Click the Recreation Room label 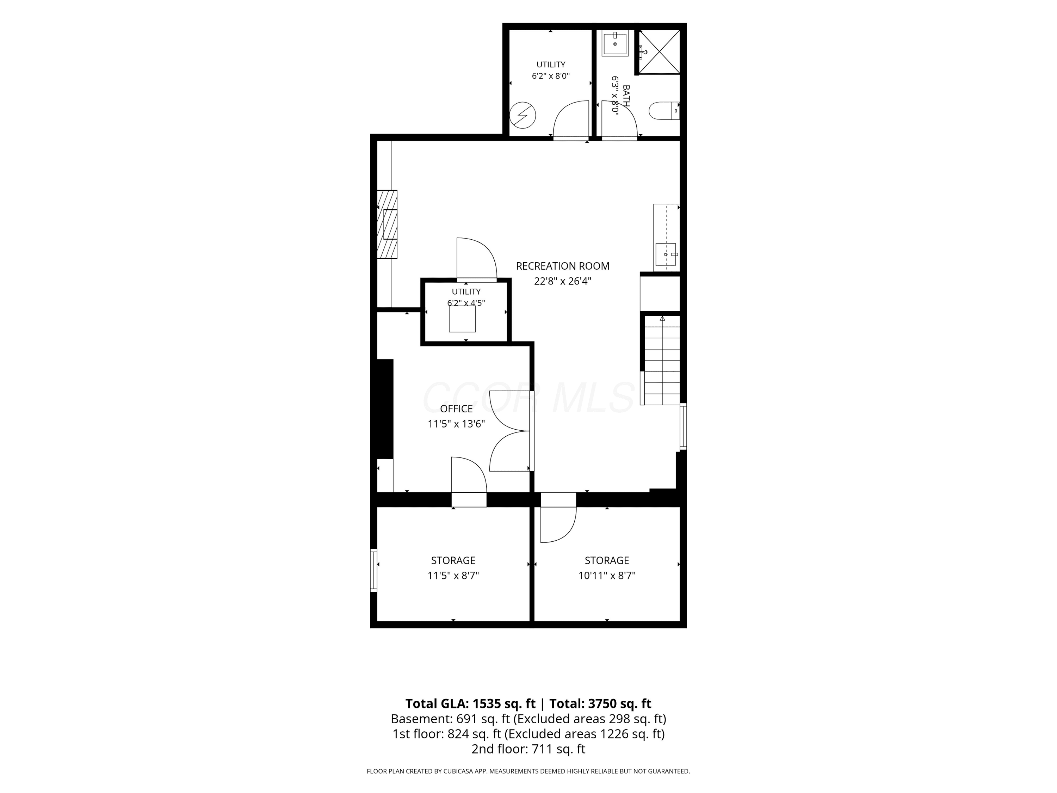(562, 266)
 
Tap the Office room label (456, 409)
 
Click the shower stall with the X (659, 52)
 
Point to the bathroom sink (615, 43)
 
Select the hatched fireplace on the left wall (387, 224)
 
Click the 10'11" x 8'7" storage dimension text (607, 576)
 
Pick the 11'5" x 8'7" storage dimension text (453, 576)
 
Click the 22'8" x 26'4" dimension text (562, 281)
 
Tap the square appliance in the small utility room (462, 319)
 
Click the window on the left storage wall (374, 570)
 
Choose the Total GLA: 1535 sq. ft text (470, 703)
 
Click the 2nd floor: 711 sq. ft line (528, 749)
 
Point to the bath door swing (620, 119)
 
